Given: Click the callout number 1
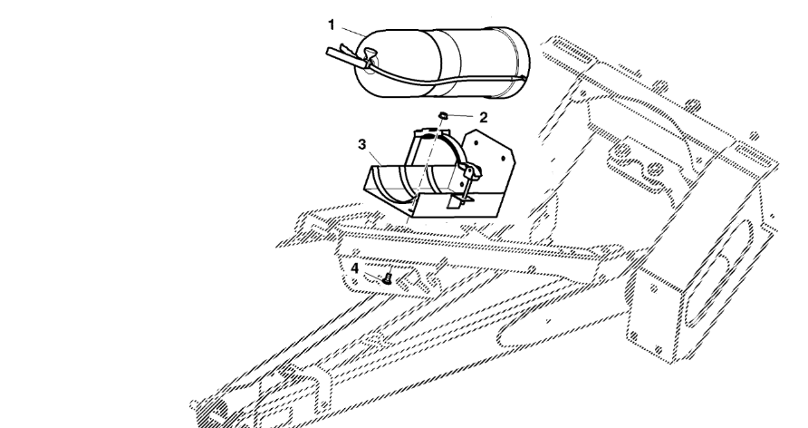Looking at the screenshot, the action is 332,24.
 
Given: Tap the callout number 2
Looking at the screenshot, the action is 483,118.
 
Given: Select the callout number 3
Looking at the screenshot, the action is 361,144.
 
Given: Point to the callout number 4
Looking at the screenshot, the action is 355,268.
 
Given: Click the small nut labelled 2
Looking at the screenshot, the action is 443,114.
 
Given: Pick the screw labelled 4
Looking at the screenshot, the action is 388,277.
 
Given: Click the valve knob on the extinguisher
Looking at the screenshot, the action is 370,53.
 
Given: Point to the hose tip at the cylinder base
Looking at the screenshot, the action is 523,78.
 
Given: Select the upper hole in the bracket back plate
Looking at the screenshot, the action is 477,141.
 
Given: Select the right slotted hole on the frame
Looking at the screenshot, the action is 755,156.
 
